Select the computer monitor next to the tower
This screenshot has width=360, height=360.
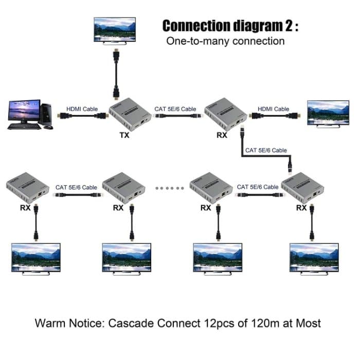24,112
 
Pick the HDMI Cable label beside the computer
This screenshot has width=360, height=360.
82,109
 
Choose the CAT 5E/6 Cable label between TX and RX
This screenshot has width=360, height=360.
175,109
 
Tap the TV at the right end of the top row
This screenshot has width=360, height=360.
328,112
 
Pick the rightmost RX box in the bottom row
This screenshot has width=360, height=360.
303,189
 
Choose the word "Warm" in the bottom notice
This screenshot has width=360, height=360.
52,323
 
